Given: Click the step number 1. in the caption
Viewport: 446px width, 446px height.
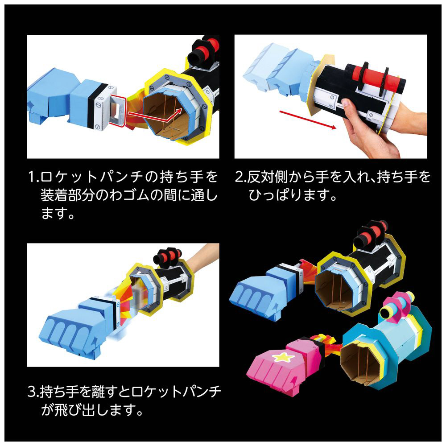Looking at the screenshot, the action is (34, 177).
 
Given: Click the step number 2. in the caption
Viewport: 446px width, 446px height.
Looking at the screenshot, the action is (241, 177).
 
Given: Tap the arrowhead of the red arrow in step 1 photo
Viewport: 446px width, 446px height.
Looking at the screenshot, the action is (179, 110).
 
